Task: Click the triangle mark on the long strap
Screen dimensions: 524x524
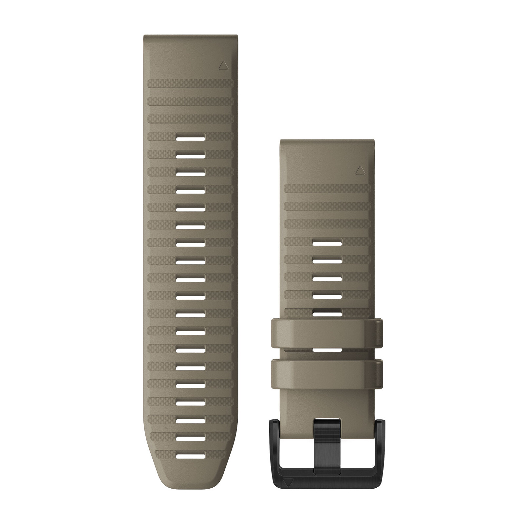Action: [224, 65]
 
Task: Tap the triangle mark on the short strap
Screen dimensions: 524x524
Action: [360, 170]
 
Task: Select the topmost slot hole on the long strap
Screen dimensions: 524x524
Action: [191, 137]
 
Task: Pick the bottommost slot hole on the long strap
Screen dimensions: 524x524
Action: [191, 455]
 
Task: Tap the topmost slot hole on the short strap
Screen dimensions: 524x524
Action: [327, 243]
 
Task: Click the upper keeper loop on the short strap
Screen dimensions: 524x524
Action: [327, 333]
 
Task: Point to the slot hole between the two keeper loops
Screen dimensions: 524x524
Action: [327, 350]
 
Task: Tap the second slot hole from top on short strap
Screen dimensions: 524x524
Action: [327, 261]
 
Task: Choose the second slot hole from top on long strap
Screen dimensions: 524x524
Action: [191, 155]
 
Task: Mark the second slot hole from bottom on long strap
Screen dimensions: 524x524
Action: [191, 438]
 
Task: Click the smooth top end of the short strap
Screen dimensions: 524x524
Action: [327, 154]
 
